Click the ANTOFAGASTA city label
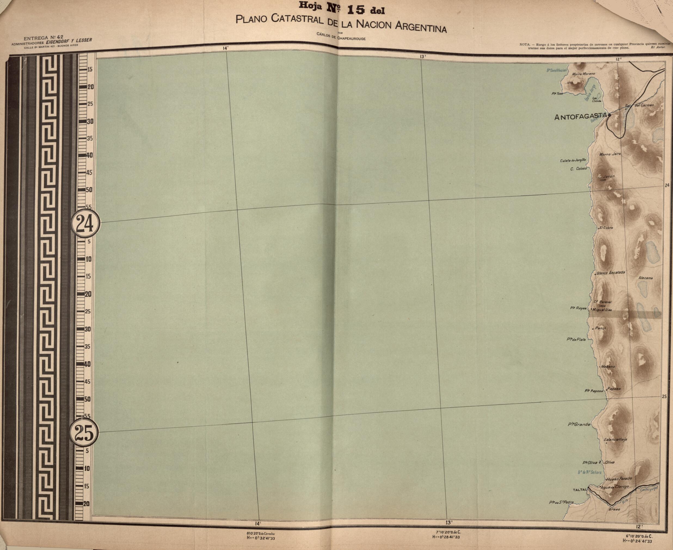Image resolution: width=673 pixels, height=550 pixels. pyautogui.click(x=580, y=117)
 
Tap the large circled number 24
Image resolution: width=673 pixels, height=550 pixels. pyautogui.click(x=85, y=224)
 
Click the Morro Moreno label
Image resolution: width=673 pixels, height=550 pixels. pyautogui.click(x=583, y=74)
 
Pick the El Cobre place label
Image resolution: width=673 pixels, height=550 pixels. pyautogui.click(x=606, y=228)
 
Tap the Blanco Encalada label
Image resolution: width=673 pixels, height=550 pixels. pyautogui.click(x=610, y=272)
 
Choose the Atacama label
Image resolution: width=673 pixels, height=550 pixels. pyautogui.click(x=646, y=278)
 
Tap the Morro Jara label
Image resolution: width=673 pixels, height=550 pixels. pyautogui.click(x=610, y=154)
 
